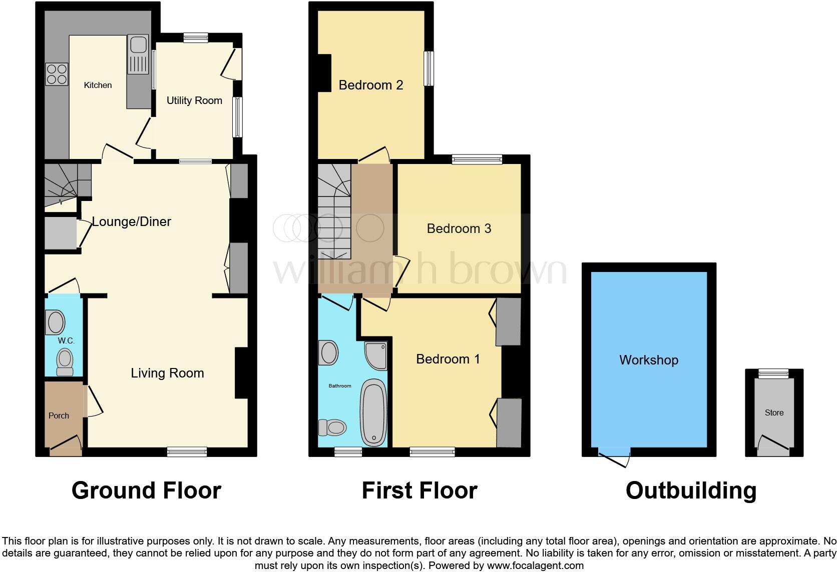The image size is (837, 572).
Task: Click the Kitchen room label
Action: (x=98, y=85)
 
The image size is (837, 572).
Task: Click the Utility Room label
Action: (x=194, y=100)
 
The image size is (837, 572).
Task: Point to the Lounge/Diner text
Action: (x=131, y=221)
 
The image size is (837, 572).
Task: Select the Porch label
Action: (x=59, y=415)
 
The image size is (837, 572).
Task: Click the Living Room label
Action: (x=167, y=373)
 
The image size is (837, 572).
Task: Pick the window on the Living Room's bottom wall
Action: (x=187, y=451)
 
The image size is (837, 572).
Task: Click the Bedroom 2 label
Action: (x=370, y=85)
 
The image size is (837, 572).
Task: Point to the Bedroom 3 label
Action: (x=459, y=228)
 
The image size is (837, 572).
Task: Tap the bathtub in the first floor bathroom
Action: (x=373, y=412)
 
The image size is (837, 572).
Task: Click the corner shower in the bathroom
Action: (x=376, y=355)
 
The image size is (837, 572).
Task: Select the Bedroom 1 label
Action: (x=448, y=359)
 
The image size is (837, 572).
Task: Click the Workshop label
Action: (x=648, y=360)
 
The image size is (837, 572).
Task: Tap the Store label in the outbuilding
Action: (x=774, y=413)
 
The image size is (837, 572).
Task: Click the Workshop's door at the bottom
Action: (x=614, y=455)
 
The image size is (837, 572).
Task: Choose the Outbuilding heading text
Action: (x=691, y=490)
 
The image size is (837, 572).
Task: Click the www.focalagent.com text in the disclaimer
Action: (x=535, y=566)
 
